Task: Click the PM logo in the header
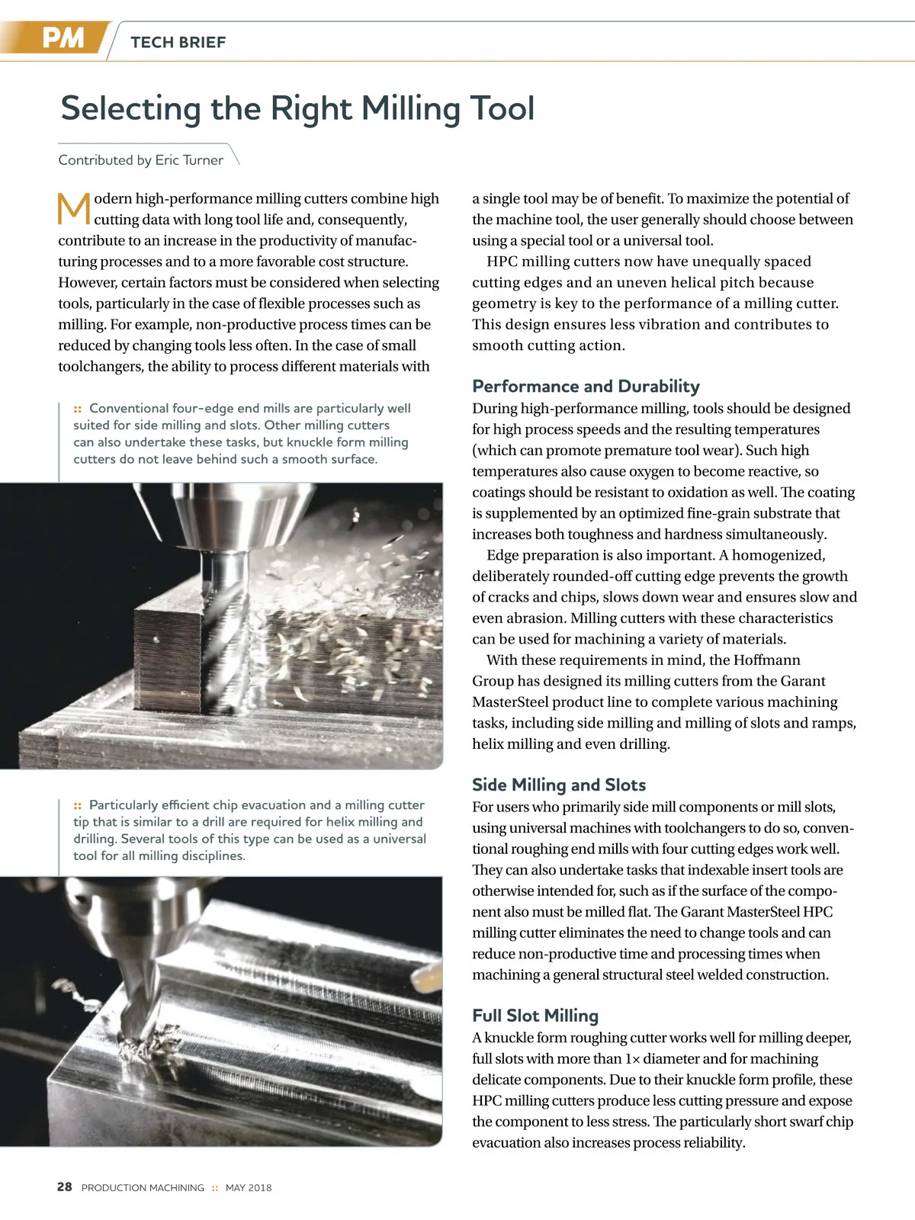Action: coord(63,38)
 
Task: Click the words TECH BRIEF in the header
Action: coord(178,43)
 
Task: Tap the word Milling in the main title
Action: coord(411,108)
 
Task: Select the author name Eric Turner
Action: coord(189,160)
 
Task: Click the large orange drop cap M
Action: coord(74,209)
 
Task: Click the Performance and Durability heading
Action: coord(586,386)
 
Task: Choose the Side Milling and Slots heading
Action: coord(558,785)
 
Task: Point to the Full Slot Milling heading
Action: coord(535,1016)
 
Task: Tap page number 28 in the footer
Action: coord(65,1187)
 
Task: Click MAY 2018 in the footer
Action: coord(249,1188)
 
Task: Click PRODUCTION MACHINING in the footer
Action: coord(143,1188)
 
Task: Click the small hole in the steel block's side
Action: coord(156,639)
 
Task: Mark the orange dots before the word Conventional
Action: coord(78,409)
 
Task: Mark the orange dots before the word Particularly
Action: coord(78,805)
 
